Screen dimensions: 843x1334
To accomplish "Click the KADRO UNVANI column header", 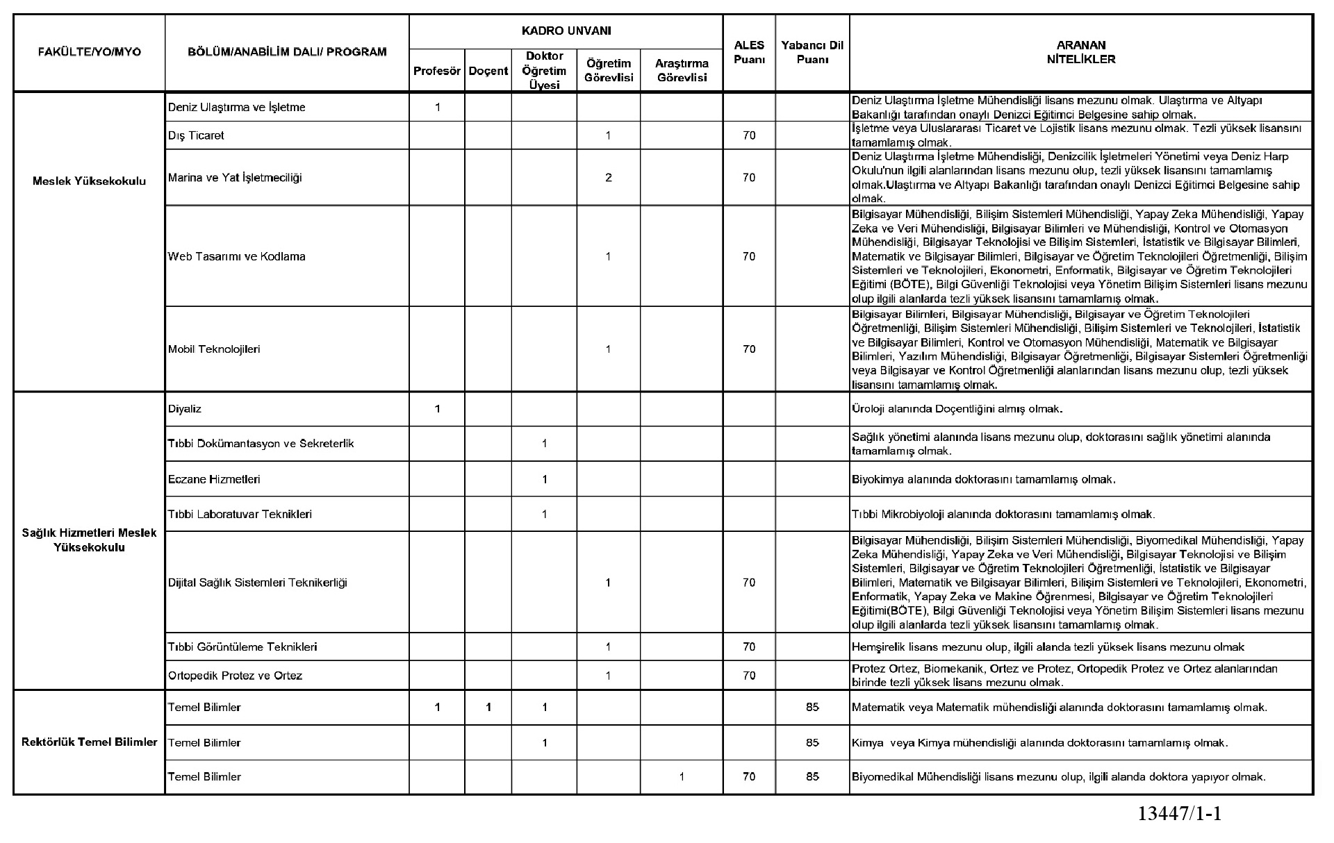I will [566, 31].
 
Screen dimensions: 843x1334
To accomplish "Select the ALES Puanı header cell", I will [749, 53].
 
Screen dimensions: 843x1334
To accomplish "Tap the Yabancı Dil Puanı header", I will [812, 53].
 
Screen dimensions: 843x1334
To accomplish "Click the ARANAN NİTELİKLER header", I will [1080, 53].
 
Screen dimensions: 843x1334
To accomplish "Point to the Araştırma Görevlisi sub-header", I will [681, 71].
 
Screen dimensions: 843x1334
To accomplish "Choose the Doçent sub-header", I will [488, 71].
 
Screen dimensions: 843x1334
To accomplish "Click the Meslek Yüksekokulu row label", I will [89, 181].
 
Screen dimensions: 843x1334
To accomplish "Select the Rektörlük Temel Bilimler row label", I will [90, 742].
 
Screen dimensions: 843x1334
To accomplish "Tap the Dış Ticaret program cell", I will [196, 135].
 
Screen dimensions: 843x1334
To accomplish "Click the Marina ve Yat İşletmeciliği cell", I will [235, 178].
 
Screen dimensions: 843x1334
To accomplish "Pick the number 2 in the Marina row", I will [608, 178].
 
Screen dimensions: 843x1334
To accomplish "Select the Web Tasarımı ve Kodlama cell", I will [236, 256].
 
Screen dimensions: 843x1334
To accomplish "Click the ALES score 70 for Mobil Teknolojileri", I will [749, 349].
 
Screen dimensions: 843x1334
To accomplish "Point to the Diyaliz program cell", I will [185, 409].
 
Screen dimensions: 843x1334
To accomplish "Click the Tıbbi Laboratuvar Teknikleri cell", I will [240, 515].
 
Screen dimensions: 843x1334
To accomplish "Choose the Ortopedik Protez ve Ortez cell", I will [235, 676].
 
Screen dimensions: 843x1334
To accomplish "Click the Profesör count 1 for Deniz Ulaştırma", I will [437, 108].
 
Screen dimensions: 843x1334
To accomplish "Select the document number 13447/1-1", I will [1179, 814].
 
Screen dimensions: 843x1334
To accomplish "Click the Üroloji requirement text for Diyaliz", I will [957, 409].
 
